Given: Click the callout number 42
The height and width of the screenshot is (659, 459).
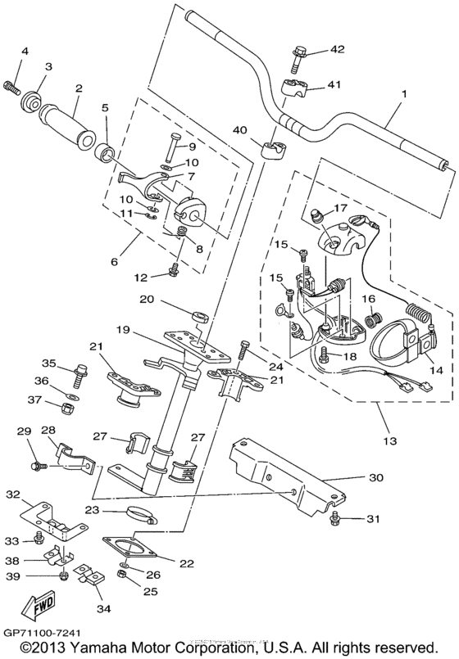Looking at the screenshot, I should pyautogui.click(x=338, y=50).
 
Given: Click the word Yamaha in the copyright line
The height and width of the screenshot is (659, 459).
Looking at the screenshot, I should pyautogui.click(x=101, y=648).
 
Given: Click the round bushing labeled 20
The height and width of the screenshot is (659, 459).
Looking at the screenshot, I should pyautogui.click(x=198, y=316).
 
